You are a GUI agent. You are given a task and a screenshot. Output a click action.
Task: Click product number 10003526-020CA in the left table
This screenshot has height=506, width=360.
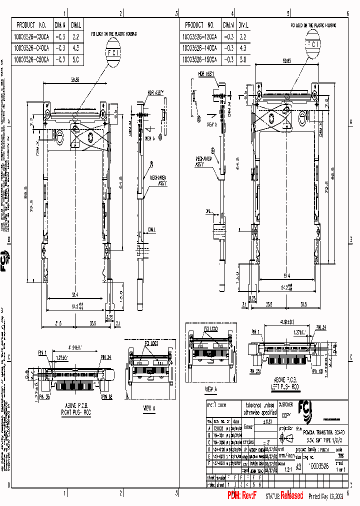pyautogui.click(x=33, y=36)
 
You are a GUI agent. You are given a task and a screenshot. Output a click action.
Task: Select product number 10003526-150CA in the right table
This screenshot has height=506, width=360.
pyautogui.click(x=201, y=59)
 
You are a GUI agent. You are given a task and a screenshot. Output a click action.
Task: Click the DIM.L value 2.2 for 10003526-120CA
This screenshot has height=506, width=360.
pyautogui.click(x=243, y=36)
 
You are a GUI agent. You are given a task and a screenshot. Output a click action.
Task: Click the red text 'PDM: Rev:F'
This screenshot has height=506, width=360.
pyautogui.click(x=242, y=495)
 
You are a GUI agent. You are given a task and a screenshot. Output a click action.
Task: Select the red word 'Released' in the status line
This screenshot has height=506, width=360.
pyautogui.click(x=291, y=495)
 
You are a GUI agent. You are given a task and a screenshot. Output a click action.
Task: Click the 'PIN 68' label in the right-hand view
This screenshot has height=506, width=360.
pyautogui.click(x=329, y=372)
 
